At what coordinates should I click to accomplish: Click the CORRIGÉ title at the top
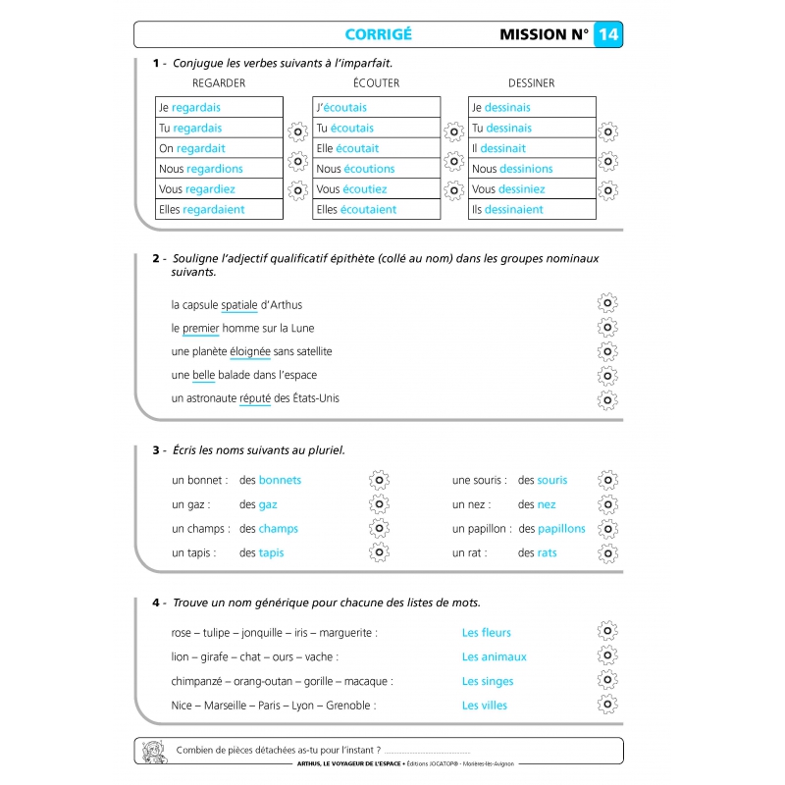(378, 35)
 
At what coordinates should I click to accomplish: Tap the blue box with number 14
(608, 35)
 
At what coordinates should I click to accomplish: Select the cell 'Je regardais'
(219, 107)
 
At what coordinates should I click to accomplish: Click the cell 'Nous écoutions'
(377, 169)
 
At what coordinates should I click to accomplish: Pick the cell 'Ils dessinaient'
(532, 209)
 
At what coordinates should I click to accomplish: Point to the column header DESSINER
(531, 83)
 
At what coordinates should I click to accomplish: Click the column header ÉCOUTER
(376, 83)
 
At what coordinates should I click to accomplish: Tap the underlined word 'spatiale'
(239, 305)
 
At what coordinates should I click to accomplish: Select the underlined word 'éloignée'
(249, 351)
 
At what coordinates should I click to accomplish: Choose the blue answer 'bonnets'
(280, 480)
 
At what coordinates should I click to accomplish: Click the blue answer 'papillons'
(561, 529)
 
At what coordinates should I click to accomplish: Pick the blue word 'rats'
(547, 552)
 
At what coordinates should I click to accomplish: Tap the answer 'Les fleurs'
(487, 633)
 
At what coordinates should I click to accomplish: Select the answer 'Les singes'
(488, 681)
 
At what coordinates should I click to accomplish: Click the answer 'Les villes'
(485, 706)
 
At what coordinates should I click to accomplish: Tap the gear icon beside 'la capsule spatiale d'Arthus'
(607, 304)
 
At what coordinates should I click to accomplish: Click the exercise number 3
(156, 450)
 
